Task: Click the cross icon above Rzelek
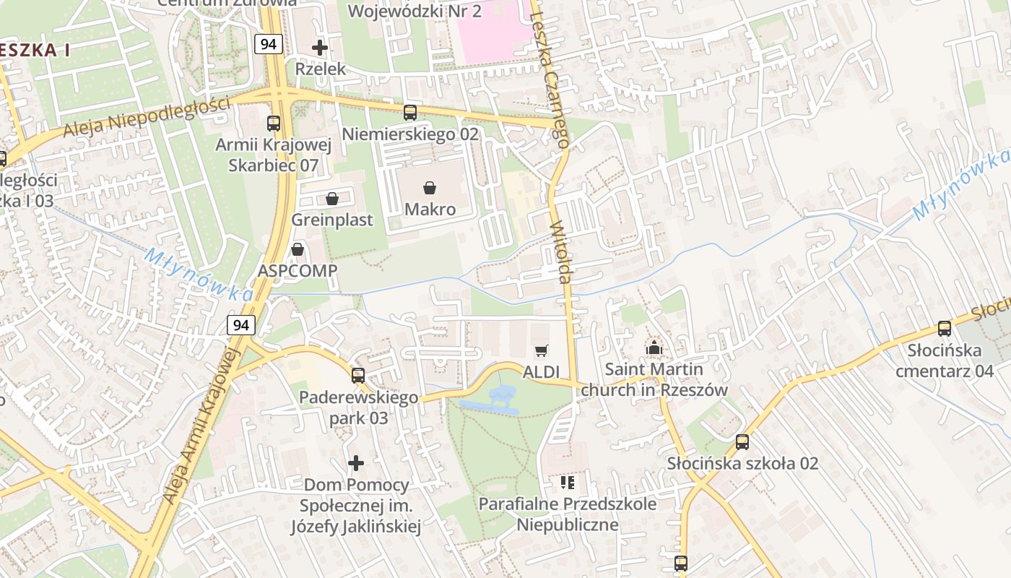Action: click(x=320, y=48)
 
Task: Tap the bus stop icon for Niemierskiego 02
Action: click(x=410, y=113)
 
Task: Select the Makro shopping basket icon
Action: click(x=430, y=189)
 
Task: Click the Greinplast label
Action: click(x=332, y=220)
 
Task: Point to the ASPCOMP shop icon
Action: click(x=298, y=250)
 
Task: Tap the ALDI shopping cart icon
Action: click(x=542, y=351)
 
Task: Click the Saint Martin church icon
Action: click(x=654, y=348)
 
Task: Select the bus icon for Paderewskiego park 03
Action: click(x=358, y=376)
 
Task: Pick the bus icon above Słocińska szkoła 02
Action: click(x=742, y=442)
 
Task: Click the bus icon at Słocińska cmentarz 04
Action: click(x=944, y=329)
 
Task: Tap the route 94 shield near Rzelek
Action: click(x=268, y=44)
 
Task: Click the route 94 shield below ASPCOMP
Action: click(x=241, y=325)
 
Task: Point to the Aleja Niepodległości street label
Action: click(x=147, y=117)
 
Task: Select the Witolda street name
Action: click(x=562, y=252)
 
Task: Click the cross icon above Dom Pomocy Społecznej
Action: click(x=356, y=462)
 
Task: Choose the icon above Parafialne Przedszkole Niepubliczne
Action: click(x=568, y=482)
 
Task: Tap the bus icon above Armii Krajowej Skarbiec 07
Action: click(x=274, y=124)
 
